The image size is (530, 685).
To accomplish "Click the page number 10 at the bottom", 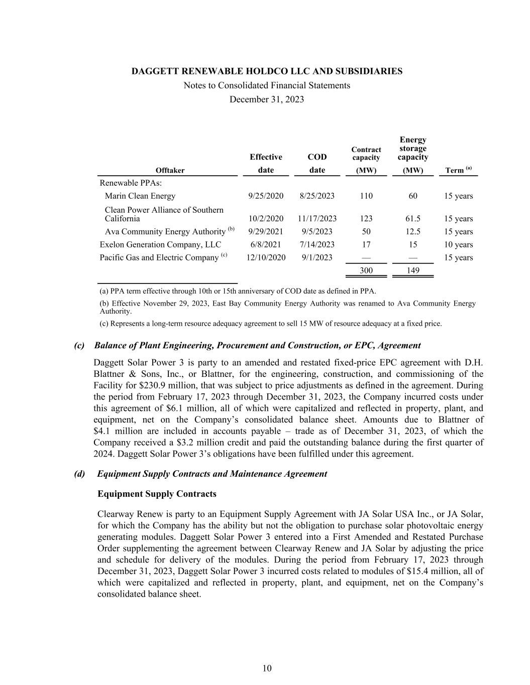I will click(x=267, y=668).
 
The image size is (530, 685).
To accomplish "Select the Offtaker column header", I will click(x=170, y=170).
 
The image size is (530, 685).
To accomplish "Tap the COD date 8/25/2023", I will click(x=316, y=196).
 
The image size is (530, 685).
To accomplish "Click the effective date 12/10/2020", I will click(x=266, y=257).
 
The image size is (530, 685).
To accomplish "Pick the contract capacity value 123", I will click(x=366, y=218).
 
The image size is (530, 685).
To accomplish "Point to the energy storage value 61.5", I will click(x=412, y=218).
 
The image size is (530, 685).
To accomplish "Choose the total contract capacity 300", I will click(x=366, y=270).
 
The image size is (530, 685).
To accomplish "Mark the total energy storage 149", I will click(x=412, y=270).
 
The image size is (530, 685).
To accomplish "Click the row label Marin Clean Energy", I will click(x=140, y=196).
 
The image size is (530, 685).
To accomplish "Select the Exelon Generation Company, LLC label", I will click(x=160, y=244).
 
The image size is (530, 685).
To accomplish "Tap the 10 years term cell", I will click(x=458, y=244).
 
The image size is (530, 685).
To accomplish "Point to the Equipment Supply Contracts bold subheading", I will click(x=157, y=494).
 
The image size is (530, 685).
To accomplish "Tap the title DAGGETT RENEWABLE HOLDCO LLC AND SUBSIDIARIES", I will click(x=267, y=71).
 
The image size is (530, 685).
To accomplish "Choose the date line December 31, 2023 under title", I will click(x=267, y=99).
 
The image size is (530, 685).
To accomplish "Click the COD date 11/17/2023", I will click(x=316, y=218).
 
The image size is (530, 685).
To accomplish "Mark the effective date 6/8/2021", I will click(x=266, y=244).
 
